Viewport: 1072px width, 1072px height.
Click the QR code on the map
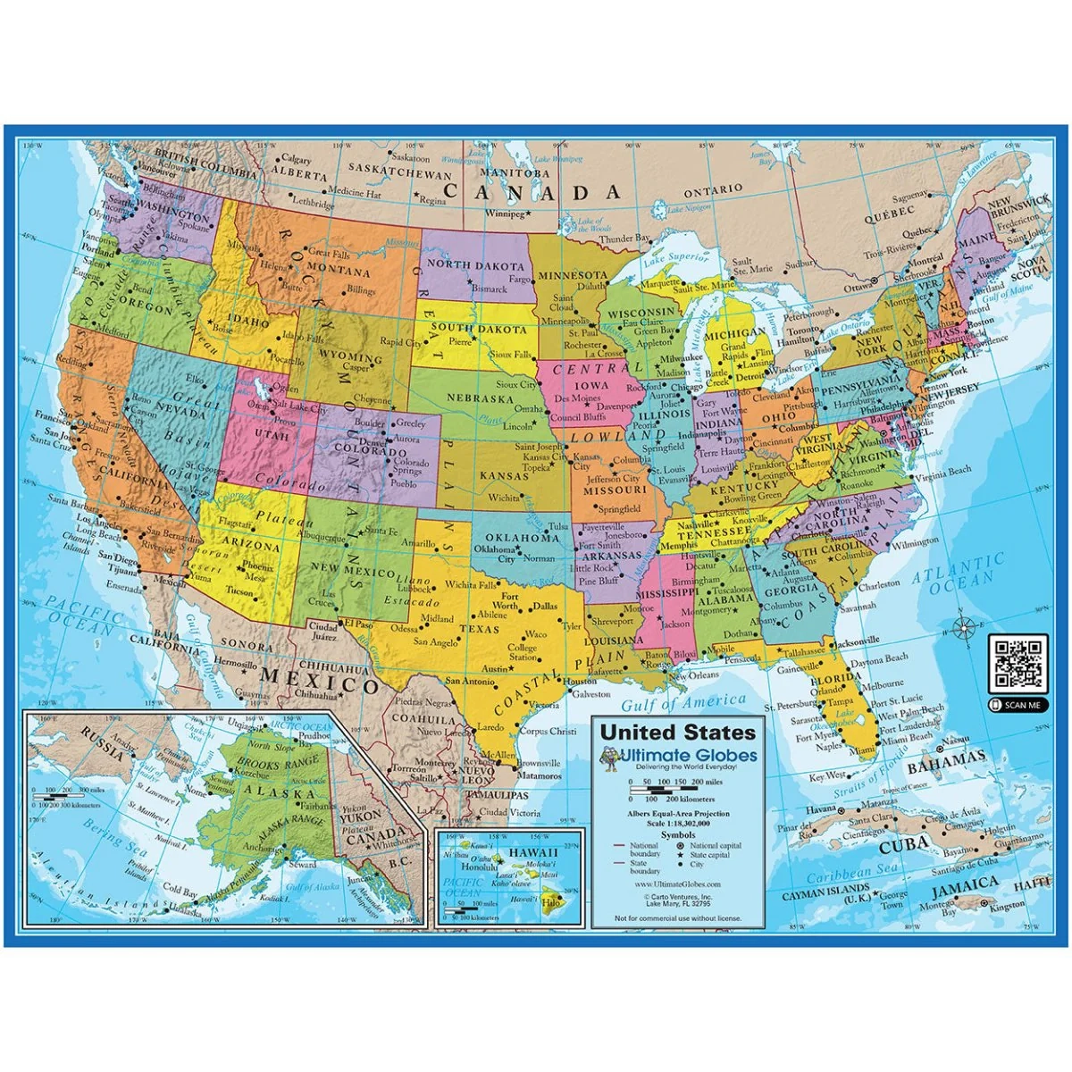click(1018, 664)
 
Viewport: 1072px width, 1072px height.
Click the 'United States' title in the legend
click(677, 733)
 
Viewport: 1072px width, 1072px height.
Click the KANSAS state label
click(505, 476)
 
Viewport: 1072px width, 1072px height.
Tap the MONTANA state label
click(338, 272)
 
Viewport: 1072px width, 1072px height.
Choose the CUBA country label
click(905, 846)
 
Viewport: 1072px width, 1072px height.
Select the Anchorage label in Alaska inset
click(259, 848)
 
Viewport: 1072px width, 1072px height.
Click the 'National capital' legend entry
click(709, 845)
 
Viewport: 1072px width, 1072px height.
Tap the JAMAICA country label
click(964, 884)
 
